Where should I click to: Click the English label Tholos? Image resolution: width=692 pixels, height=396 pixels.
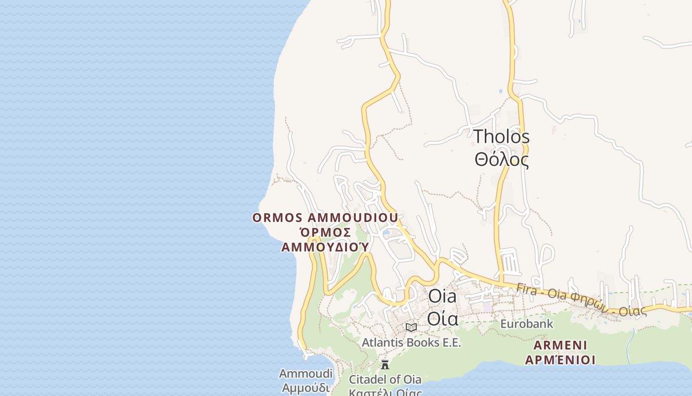point(501,137)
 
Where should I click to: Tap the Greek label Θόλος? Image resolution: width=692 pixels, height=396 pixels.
point(501,160)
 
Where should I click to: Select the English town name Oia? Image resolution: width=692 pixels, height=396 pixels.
point(442,296)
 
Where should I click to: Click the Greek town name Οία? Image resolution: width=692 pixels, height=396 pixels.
point(442,318)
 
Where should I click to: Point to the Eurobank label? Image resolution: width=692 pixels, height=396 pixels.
point(526,324)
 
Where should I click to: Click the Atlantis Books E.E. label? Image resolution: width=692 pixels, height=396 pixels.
point(411,342)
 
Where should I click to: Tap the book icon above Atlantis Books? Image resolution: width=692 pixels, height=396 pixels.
point(411,327)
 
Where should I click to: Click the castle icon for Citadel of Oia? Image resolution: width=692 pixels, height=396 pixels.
point(385,365)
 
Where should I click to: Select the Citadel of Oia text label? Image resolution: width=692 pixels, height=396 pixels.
point(385,380)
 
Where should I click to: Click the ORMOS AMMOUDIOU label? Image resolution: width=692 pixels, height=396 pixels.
point(325,218)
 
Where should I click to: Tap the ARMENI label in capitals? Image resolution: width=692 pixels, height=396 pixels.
point(560,345)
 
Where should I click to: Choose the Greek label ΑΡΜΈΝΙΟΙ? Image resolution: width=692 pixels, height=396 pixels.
point(560,360)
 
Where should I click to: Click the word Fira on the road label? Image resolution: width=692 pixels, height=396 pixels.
point(527,288)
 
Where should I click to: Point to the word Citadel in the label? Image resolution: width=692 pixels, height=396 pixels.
point(366,380)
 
